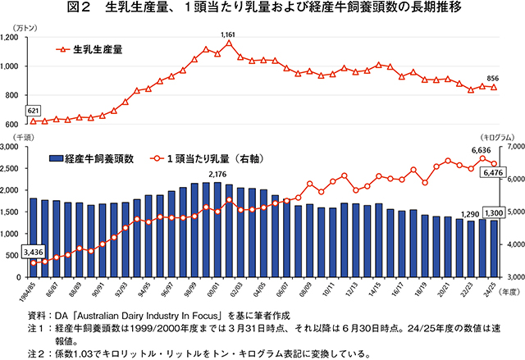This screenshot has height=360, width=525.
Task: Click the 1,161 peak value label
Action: tap(229, 34)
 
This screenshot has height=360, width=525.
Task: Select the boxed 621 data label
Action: tap(34, 110)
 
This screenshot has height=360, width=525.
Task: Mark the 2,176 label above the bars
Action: tap(218, 174)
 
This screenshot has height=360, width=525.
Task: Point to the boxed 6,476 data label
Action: tap(494, 172)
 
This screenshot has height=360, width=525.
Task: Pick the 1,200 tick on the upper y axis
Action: tap(15, 38)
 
